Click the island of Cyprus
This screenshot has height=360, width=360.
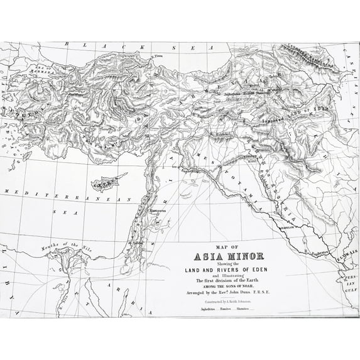105,185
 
